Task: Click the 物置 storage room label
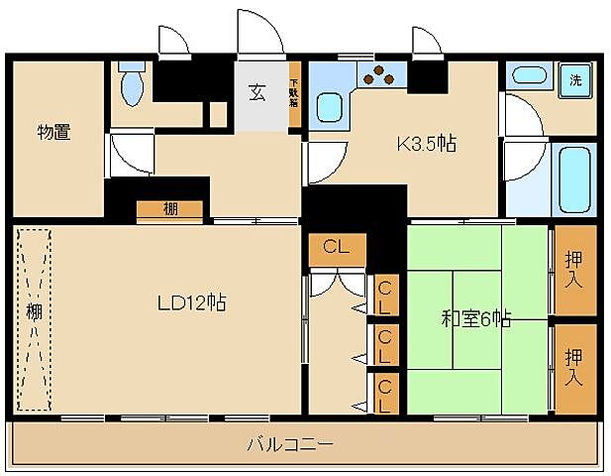tap(53, 132)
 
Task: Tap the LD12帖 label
tap(193, 303)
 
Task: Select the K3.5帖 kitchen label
tap(426, 144)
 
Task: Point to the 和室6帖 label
tap(475, 319)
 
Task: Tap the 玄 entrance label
tap(257, 94)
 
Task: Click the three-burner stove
tap(378, 73)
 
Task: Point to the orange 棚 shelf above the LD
tap(170, 209)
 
